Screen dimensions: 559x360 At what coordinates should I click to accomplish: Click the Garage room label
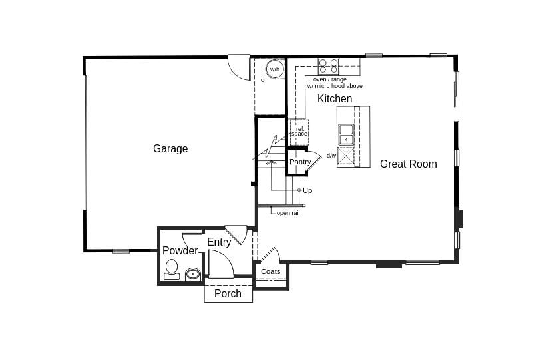coord(170,148)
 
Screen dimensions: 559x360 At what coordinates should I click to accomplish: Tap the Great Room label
coord(408,164)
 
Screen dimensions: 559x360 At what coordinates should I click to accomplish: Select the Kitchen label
coord(335,98)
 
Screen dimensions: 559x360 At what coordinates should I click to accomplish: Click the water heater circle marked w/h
coord(274,69)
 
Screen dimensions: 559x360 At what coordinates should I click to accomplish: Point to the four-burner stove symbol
coord(328,67)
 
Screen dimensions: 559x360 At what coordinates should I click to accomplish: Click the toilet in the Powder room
coord(172,270)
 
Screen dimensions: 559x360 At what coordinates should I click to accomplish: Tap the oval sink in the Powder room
coord(193,274)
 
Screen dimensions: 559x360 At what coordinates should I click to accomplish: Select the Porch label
coord(228,293)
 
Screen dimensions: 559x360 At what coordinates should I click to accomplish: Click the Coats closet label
coord(271,271)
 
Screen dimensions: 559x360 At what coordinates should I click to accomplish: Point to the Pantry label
coord(300,162)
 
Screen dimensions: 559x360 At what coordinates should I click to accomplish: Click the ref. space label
coord(299,132)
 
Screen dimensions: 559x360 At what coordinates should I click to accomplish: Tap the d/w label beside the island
coord(331,156)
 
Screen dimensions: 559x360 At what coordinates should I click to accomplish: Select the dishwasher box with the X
coord(346,156)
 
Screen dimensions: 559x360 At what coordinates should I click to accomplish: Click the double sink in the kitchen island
coord(346,134)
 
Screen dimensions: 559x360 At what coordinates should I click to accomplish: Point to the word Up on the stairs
coord(307,190)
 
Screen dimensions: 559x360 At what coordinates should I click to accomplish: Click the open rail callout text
coord(288,213)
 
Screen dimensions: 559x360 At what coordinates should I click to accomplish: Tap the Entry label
coord(219,242)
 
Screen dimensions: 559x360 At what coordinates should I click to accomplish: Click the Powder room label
coord(180,251)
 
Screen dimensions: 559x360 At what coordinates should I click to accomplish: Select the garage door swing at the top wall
coord(239,67)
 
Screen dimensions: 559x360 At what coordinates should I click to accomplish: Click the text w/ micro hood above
coord(335,86)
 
